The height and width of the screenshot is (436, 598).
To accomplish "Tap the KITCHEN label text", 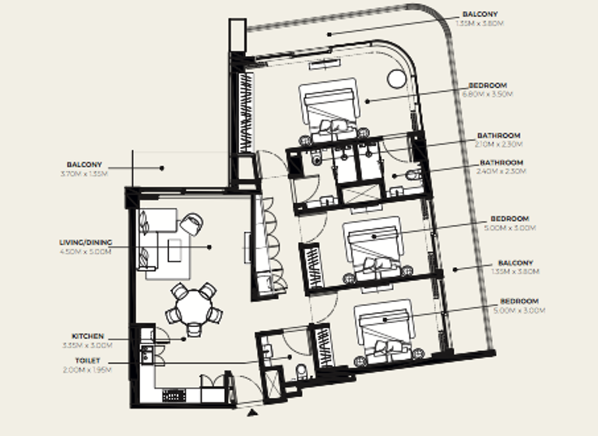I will tap(89, 336).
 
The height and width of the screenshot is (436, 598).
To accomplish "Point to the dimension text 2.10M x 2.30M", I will tap(500, 144).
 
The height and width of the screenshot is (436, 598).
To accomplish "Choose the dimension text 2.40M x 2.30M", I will tap(501, 171).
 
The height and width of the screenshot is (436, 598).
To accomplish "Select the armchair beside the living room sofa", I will tap(191, 224).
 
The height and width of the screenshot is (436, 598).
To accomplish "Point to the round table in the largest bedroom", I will tap(396, 78).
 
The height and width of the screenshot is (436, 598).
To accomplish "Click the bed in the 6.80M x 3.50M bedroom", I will tap(331, 109).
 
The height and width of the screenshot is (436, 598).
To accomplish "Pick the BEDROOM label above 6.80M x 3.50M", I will tap(489, 85).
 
